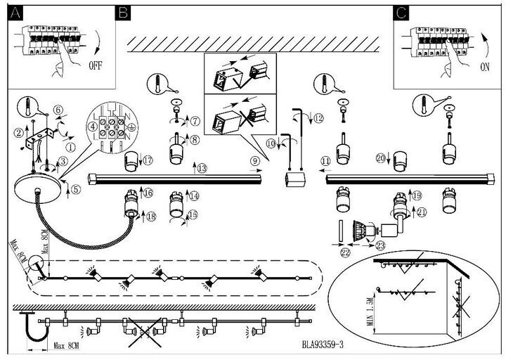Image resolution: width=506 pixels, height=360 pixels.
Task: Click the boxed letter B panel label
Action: (122, 11)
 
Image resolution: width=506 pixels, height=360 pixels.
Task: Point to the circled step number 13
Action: (202, 168)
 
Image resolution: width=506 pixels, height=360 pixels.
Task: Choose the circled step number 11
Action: (325, 161)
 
